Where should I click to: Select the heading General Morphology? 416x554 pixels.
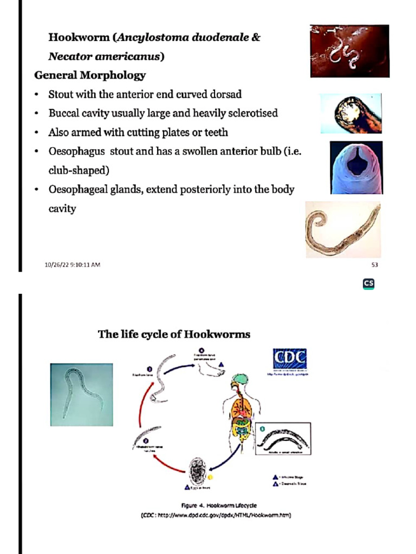(90, 75)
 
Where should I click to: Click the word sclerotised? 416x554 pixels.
(252, 114)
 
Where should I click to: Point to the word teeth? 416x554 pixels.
(216, 133)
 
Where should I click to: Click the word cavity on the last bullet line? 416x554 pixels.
(62, 208)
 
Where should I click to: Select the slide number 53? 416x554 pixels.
(374, 265)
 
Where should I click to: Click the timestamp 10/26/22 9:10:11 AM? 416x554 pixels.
(73, 265)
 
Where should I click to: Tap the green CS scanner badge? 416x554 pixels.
(369, 283)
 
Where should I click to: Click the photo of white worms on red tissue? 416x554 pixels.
(349, 51)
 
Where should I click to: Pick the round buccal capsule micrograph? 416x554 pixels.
(351, 113)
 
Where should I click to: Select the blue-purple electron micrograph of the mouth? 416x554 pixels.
(356, 167)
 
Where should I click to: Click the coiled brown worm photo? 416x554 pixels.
(343, 229)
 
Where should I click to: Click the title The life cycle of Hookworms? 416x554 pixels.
(174, 334)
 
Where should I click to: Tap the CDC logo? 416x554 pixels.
(289, 359)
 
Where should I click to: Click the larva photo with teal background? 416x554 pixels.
(82, 394)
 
